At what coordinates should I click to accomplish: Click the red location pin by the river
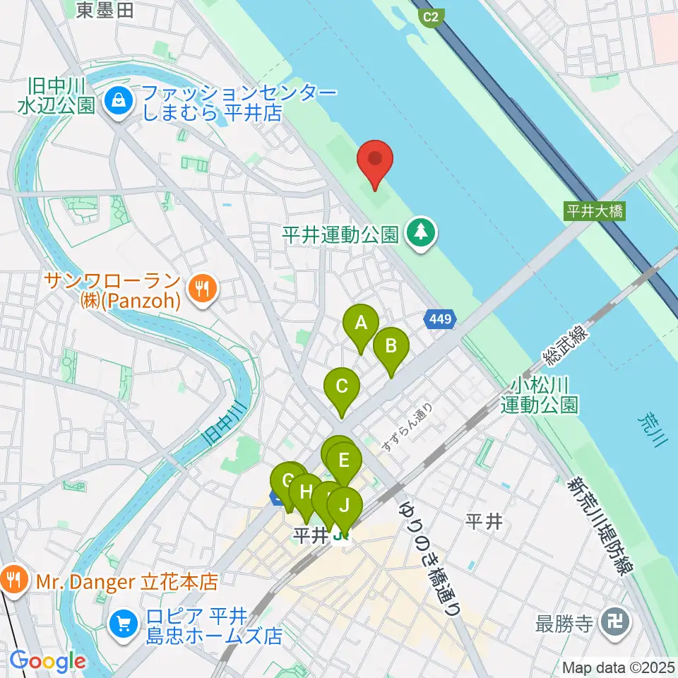coord(375,161)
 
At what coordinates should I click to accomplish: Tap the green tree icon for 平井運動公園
coord(422,232)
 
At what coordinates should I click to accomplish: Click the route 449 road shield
coord(440,320)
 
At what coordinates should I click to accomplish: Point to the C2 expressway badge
coord(430,17)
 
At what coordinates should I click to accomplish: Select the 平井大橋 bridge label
coord(595,210)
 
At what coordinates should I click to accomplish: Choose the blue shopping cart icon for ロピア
coord(124,624)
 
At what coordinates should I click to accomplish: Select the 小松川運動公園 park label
coord(540,395)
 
